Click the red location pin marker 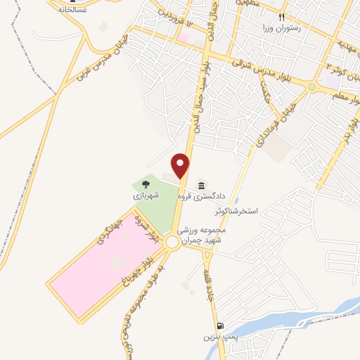tap(181, 165)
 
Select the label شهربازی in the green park tap(147, 194)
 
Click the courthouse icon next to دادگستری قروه tap(202, 185)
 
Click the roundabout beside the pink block tap(172, 242)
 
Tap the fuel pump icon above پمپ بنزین tap(222, 326)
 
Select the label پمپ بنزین tap(217, 337)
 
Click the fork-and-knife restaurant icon tap(281, 15)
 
